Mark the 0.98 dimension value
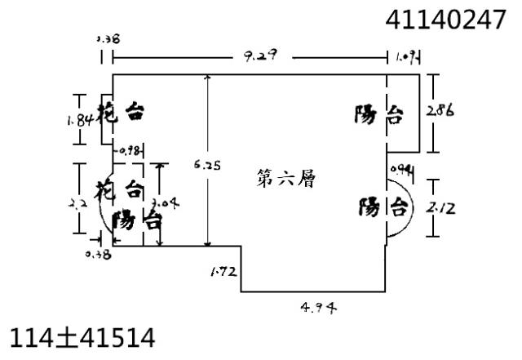130,150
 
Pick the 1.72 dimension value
225,270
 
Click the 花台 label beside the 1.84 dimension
121,113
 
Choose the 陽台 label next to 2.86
378,116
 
